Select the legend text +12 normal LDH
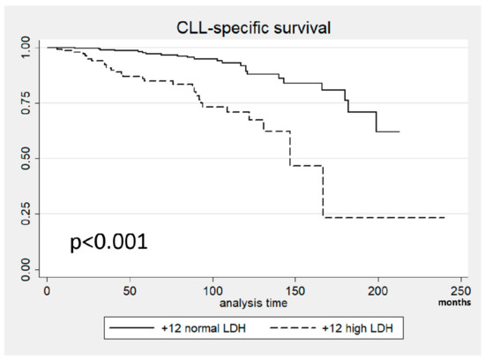coord(206,329)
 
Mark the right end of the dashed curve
coord(444,217)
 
